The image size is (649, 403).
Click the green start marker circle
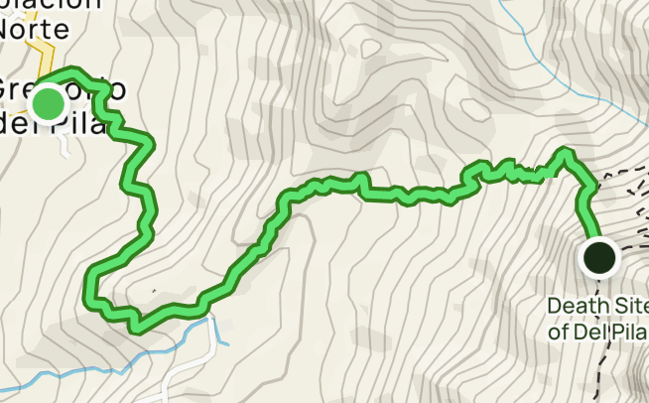48,103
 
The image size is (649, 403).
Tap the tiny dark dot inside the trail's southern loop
154,292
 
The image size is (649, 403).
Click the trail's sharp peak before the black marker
566,153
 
